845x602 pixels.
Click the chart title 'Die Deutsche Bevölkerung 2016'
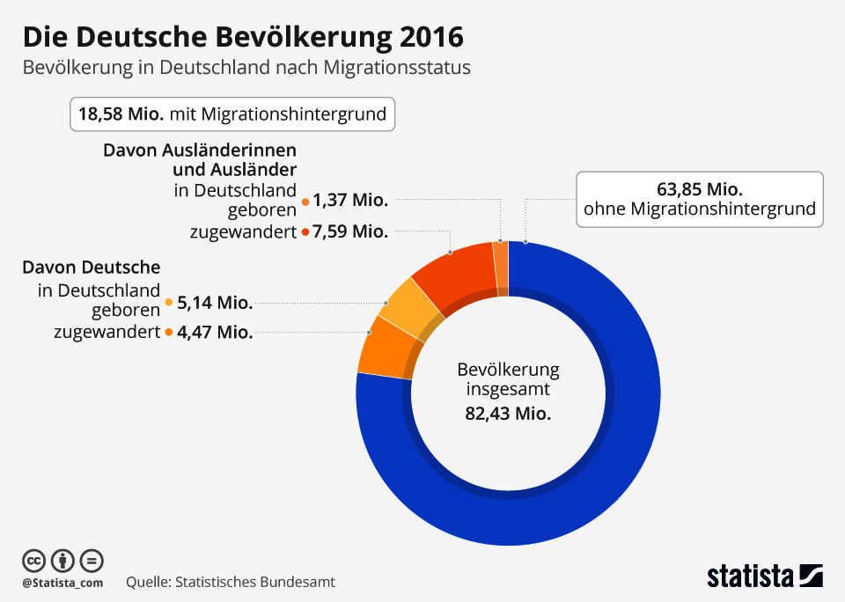(242, 37)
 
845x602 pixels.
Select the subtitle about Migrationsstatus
(246, 68)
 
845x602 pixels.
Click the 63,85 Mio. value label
(700, 189)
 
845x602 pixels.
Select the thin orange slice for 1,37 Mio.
(500, 264)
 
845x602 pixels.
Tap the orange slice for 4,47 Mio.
(381, 347)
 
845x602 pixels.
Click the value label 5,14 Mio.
(215, 303)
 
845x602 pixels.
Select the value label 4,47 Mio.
(215, 333)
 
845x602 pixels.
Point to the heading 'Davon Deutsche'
(92, 267)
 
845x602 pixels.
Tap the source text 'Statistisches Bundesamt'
(255, 582)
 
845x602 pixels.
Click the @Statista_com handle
(62, 583)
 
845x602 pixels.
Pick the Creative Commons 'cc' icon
(33, 560)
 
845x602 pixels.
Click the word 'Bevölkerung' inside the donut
(508, 370)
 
